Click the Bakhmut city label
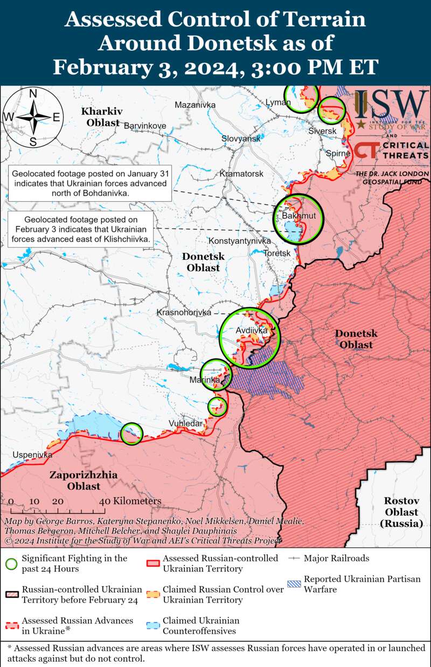(x=295, y=216)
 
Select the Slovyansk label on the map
(x=241, y=139)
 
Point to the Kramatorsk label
(x=241, y=174)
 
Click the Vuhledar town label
(x=186, y=423)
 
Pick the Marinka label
(x=205, y=380)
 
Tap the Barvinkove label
(x=145, y=126)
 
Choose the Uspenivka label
(x=32, y=455)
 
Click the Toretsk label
(x=277, y=253)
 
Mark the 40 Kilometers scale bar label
(x=131, y=501)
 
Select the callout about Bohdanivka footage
(x=91, y=183)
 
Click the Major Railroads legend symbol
(x=295, y=559)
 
